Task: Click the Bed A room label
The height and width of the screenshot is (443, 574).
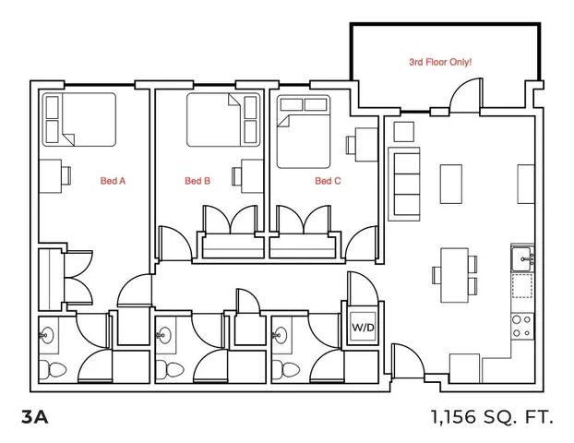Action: pos(113,181)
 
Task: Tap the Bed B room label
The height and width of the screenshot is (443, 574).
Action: pos(197,181)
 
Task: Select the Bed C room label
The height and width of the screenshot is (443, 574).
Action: pos(328,181)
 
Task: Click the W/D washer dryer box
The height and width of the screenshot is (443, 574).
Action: pos(363,327)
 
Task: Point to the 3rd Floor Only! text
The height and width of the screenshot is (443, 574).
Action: pos(440,62)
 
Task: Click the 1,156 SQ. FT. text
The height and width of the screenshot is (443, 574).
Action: pos(492,416)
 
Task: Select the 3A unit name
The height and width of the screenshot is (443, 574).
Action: pos(35,416)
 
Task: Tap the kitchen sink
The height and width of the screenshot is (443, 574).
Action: pos(522,258)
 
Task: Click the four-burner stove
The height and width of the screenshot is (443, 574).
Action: pos(522,326)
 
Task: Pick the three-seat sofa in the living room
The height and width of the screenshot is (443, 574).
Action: pos(404,184)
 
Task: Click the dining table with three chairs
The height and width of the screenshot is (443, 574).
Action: pos(455,275)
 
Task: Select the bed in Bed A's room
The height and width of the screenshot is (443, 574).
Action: pos(79,119)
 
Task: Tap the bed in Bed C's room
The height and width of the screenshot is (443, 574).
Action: pos(304,132)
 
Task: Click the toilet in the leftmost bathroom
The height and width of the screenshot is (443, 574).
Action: pos(53,370)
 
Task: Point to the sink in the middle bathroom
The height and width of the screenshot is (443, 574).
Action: pos(164,335)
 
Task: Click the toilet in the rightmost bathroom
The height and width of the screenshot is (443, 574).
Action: pos(285,370)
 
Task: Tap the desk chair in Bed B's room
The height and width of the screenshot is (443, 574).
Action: pos(236,176)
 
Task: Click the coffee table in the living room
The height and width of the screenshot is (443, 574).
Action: pos(450,184)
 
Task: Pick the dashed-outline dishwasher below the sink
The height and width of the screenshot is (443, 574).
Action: pos(522,285)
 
